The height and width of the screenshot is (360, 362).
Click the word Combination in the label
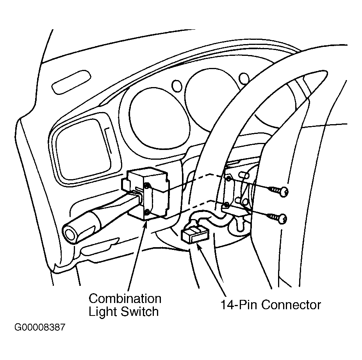point(125,299)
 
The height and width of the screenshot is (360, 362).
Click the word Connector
point(291,305)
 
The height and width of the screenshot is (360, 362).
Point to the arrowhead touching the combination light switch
point(145,223)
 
